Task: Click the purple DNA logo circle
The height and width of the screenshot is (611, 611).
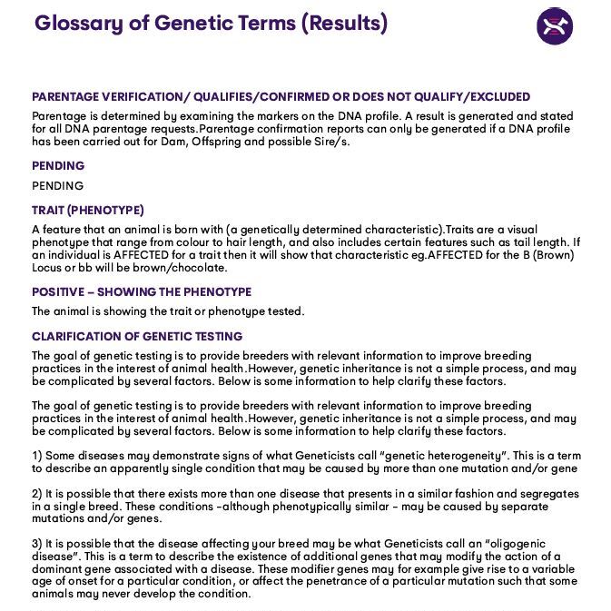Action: pos(554,25)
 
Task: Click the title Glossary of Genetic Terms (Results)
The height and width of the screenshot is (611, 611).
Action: pos(211,24)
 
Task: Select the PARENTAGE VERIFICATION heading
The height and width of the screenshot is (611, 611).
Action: pos(281,97)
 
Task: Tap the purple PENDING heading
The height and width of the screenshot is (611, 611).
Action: pos(58,166)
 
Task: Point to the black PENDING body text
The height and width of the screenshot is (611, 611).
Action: pos(58,186)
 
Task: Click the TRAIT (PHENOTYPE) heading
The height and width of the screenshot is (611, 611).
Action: pos(88,211)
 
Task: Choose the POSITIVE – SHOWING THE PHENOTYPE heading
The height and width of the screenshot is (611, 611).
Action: pos(142,292)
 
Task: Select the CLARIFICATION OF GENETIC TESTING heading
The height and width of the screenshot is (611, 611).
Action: pos(137,337)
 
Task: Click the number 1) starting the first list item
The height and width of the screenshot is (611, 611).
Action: pos(37,456)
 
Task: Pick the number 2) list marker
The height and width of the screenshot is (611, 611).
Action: pos(37,494)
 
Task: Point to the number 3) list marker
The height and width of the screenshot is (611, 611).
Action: pos(37,544)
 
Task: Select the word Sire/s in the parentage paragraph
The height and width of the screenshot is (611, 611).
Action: pos(330,142)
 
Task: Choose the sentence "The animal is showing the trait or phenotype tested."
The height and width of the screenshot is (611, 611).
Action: pos(168,311)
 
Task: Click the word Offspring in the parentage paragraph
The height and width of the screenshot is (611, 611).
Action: pos(219,142)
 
